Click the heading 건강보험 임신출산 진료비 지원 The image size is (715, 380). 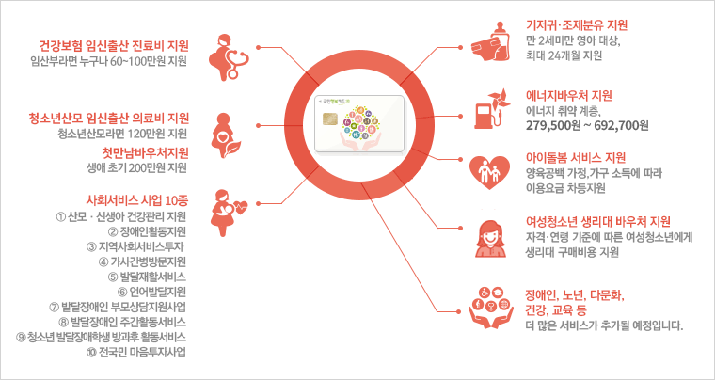[x=114, y=44]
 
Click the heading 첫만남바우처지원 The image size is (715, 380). [x=145, y=151]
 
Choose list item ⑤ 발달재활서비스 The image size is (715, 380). [x=149, y=277]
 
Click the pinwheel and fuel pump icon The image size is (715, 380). [x=488, y=107]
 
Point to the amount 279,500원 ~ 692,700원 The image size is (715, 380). [x=588, y=125]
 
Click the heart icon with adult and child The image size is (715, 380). [x=488, y=169]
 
